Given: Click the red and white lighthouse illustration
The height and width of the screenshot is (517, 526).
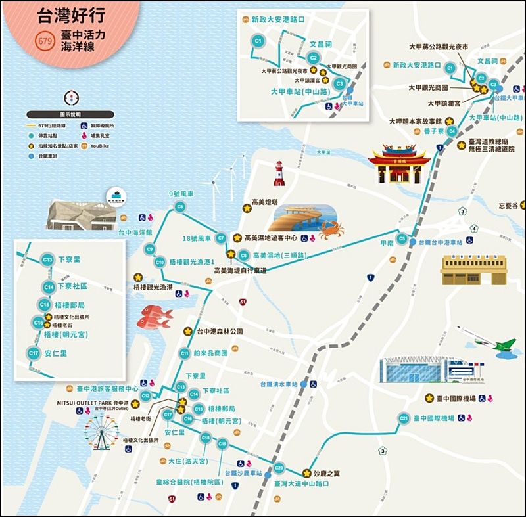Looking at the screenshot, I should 279,173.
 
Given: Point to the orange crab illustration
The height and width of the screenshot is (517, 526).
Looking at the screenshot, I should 331,229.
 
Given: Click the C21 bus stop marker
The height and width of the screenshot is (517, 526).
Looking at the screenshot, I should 403,418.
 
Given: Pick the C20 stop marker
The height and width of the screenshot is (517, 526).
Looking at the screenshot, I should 279,468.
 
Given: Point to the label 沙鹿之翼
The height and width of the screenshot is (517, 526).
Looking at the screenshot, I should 328,472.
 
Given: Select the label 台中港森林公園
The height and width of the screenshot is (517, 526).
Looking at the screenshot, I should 220,332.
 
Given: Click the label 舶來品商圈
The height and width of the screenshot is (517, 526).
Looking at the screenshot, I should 212,353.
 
